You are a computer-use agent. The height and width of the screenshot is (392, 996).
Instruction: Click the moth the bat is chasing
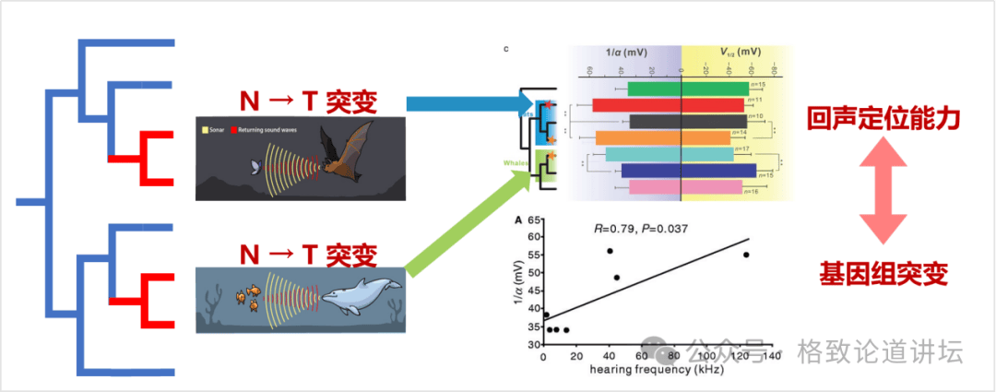pos(255,166)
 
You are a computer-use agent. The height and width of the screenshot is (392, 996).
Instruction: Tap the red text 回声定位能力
pos(883,119)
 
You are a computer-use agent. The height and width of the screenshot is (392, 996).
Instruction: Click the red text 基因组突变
pos(883,273)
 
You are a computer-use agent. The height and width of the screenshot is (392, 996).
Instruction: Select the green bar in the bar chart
pos(687,89)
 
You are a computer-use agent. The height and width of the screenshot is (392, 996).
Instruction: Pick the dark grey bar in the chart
pos(687,122)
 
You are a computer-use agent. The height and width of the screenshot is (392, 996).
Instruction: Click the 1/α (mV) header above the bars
pos(627,53)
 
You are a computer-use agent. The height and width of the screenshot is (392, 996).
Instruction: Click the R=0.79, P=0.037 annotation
pos(639,228)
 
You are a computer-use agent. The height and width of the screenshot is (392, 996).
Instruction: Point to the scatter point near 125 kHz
pos(746,255)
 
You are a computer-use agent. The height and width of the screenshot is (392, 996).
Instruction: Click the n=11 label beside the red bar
pos(753,99)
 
